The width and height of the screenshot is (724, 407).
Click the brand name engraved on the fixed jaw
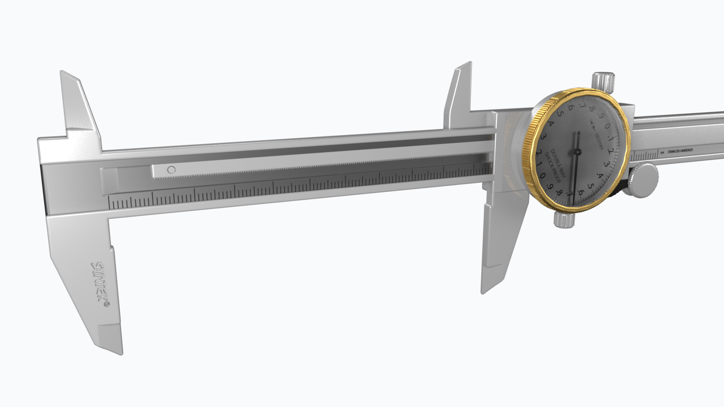(100, 285)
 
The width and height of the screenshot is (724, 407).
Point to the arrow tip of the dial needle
(578, 133)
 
